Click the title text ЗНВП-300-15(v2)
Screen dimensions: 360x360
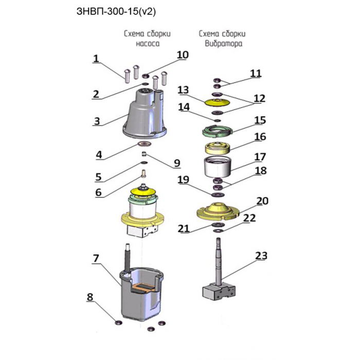tap(116, 11)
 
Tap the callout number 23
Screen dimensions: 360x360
tap(261, 255)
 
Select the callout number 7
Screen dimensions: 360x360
tap(96, 258)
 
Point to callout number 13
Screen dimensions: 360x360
tap(183, 90)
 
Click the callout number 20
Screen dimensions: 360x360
tap(262, 201)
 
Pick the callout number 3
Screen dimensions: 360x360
tap(97, 121)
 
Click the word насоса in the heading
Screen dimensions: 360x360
tap(148, 43)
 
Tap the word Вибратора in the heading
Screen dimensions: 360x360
tap(223, 43)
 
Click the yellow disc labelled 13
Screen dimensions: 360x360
tap(217, 102)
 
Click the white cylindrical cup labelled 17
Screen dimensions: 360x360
tap(218, 167)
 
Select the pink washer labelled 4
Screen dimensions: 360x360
tap(145, 144)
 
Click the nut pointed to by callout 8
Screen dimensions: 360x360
tap(118, 322)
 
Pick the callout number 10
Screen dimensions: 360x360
tap(183, 55)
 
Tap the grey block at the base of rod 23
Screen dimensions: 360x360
tap(219, 292)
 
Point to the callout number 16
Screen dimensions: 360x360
tap(260, 137)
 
